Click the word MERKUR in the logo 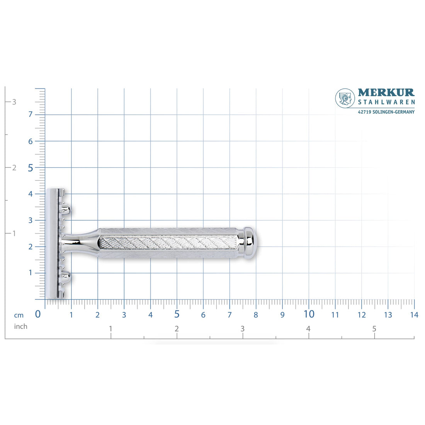pyautogui.click(x=386, y=92)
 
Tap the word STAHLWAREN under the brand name pyautogui.click(x=386, y=102)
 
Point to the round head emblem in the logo pyautogui.click(x=345, y=99)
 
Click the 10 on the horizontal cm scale pyautogui.click(x=309, y=314)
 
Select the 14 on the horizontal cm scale pyautogui.click(x=414, y=315)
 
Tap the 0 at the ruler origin pyautogui.click(x=38, y=314)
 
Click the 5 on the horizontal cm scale pyautogui.click(x=177, y=314)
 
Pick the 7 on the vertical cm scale pyautogui.click(x=31, y=114)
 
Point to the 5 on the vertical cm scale pyautogui.click(x=31, y=168)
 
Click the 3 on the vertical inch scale pyautogui.click(x=14, y=102)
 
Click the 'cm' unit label pyautogui.click(x=19, y=315)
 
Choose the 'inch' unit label pyautogui.click(x=21, y=326)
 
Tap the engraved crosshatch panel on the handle pyautogui.click(x=169, y=242)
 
